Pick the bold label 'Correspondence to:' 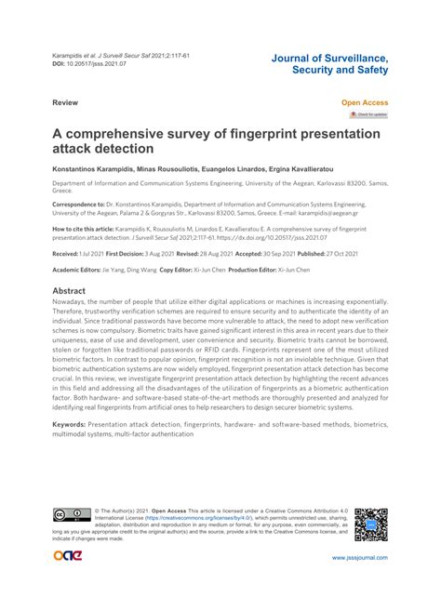pos(78,202)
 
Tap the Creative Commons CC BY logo pos(67,515)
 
